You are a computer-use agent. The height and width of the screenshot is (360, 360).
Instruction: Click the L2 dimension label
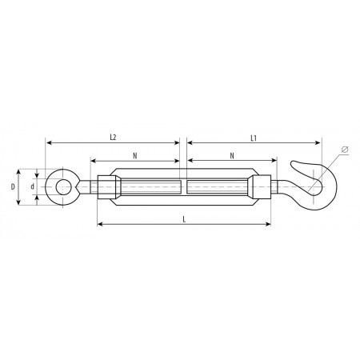click(x=113, y=138)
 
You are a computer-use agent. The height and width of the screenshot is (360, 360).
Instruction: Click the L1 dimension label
click(x=254, y=138)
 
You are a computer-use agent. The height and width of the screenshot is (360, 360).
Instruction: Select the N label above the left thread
click(x=135, y=156)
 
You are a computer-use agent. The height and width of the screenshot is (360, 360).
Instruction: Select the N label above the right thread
click(x=232, y=156)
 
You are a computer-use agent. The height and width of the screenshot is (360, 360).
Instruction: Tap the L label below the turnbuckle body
click(x=184, y=219)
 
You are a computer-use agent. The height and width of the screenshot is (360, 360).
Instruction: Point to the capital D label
click(x=13, y=187)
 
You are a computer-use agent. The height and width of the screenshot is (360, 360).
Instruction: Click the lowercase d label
click(x=33, y=186)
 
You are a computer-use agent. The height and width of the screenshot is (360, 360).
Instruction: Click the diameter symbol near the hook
click(x=345, y=150)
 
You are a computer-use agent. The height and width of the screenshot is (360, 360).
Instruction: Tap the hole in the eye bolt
click(x=63, y=187)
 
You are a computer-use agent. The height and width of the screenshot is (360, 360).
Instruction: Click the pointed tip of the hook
click(x=292, y=162)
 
